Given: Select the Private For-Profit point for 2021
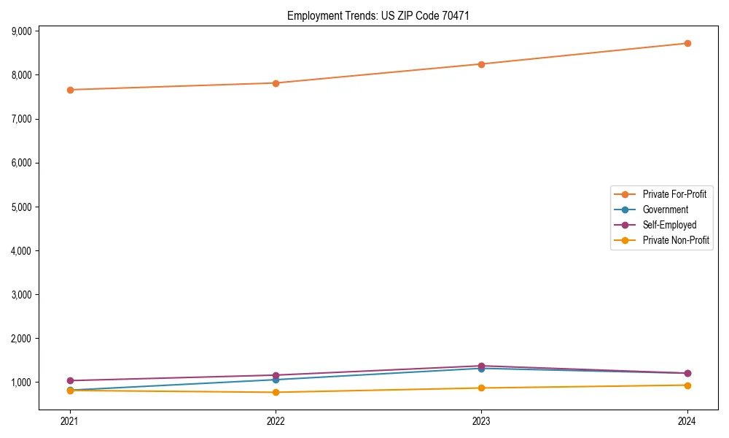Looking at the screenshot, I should click(x=70, y=90).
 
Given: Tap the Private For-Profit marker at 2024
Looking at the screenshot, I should click(x=687, y=43).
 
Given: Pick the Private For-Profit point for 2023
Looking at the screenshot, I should click(x=482, y=64).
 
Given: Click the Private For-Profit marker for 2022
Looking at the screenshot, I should click(x=276, y=83).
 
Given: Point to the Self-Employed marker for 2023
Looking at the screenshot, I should click(x=482, y=366).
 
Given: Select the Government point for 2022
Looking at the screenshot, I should click(x=276, y=380).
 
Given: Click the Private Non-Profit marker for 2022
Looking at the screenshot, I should click(x=276, y=393).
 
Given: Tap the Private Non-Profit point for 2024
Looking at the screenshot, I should click(x=687, y=385).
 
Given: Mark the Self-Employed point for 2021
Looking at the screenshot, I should click(x=70, y=380).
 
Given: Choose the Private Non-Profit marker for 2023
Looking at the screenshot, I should click(x=482, y=388).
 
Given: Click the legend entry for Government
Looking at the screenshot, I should click(x=665, y=210).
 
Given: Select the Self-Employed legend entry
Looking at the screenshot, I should click(x=669, y=225).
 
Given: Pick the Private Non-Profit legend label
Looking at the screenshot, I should click(x=676, y=240).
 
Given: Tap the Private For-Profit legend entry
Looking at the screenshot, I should click(x=674, y=194).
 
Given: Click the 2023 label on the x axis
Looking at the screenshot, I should click(x=482, y=420).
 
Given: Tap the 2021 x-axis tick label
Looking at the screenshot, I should click(x=70, y=420).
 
